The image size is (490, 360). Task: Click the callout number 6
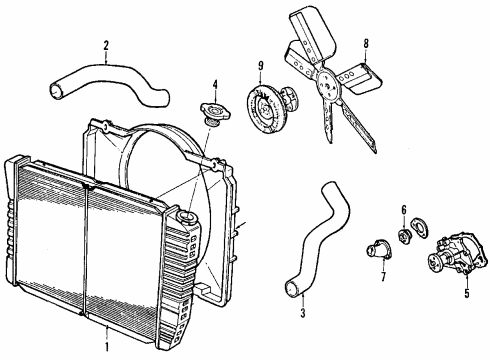click(x=404, y=237)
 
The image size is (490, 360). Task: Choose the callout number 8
click(x=366, y=43)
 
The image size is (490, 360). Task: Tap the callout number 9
click(x=260, y=67)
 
